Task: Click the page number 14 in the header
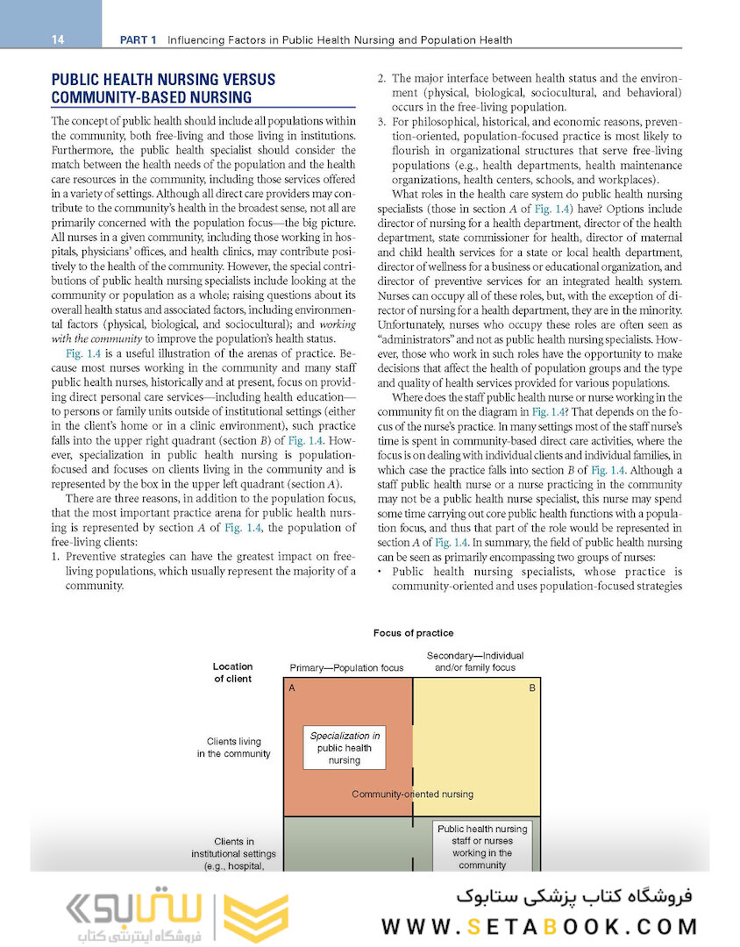click(58, 39)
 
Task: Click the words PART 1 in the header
click(139, 39)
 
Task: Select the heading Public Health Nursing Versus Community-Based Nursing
click(163, 89)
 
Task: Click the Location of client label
click(232, 673)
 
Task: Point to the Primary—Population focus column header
click(346, 668)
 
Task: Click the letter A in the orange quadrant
click(291, 688)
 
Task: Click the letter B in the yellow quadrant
click(531, 688)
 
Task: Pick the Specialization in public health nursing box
click(345, 748)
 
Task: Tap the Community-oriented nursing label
click(412, 794)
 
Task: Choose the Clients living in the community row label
click(233, 748)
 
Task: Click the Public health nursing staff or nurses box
click(481, 846)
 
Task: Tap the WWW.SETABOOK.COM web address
click(540, 926)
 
